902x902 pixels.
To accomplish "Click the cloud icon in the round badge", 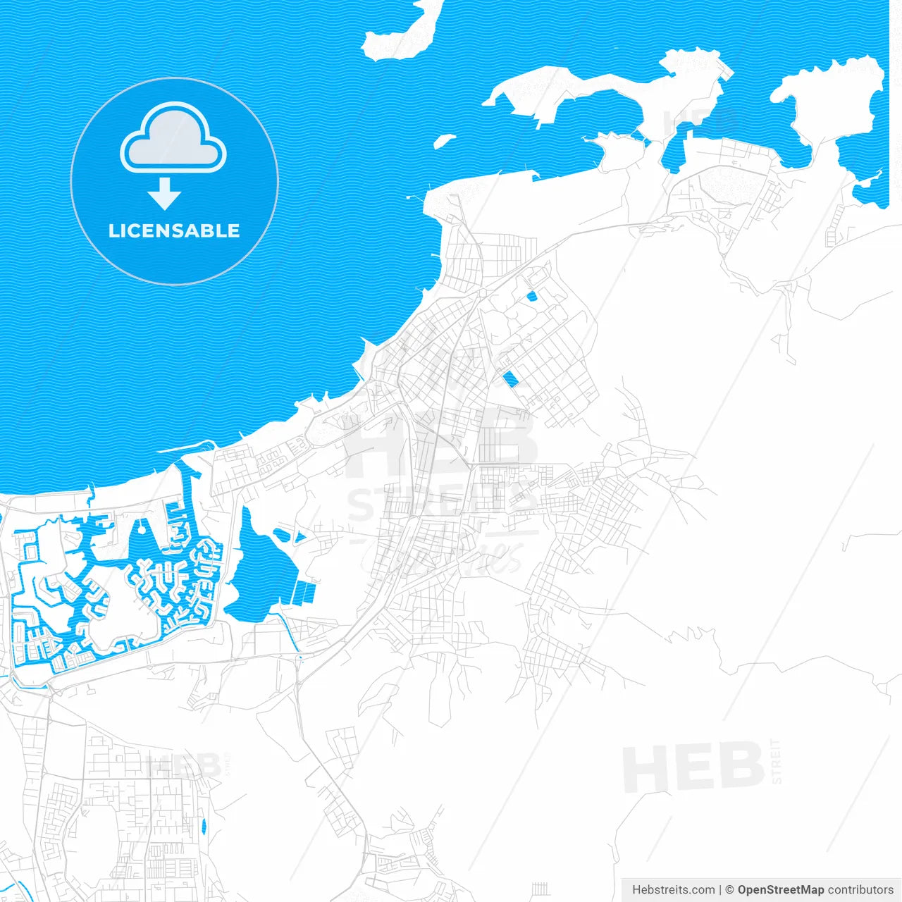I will click(x=173, y=138).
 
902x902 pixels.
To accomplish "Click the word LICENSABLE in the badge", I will click(x=174, y=230).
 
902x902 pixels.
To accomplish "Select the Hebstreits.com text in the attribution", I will click(x=674, y=890).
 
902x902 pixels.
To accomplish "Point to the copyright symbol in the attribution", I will click(x=730, y=890).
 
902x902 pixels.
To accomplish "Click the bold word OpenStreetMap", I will click(x=781, y=890).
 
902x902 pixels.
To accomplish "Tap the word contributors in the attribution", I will click(x=860, y=890).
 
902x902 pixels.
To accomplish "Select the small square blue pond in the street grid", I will click(x=531, y=297).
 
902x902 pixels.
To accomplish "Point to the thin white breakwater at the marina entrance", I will click(x=185, y=447).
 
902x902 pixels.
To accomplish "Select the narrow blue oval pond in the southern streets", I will click(x=204, y=826).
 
